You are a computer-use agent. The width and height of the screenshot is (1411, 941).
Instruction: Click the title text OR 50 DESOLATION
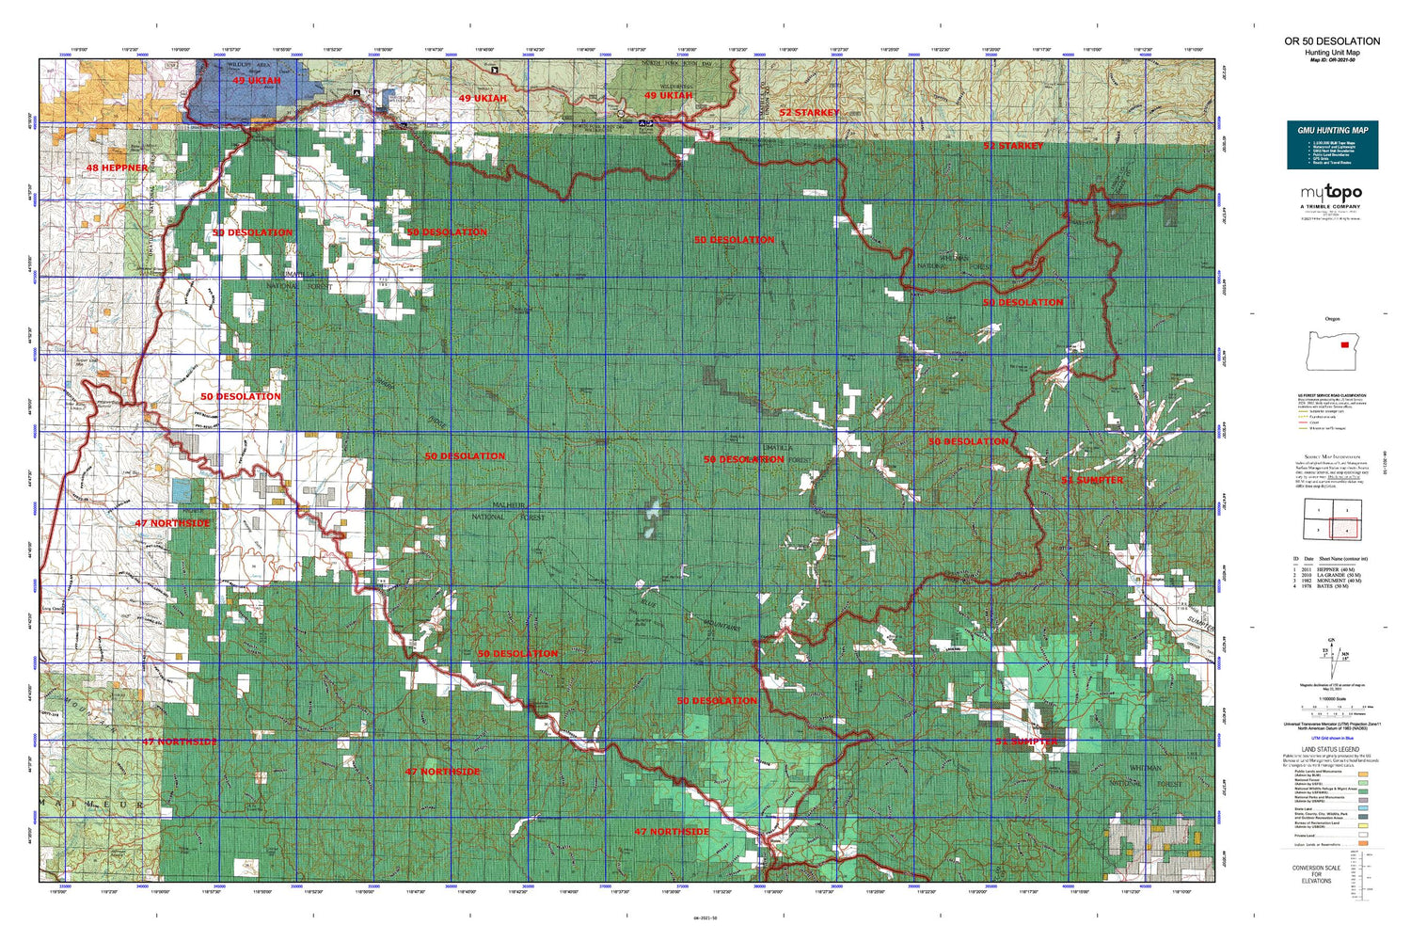pos(1332,41)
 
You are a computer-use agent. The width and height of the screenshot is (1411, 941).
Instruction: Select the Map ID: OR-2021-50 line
pos(1332,60)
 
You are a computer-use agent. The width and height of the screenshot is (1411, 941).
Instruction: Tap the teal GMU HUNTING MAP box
pos(1332,145)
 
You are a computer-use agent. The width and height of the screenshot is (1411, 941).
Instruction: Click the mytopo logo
pos(1332,193)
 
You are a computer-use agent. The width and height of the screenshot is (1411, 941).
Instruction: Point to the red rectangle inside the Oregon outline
pos(1344,344)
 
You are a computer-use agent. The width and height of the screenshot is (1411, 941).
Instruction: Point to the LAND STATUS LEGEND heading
pos(1330,750)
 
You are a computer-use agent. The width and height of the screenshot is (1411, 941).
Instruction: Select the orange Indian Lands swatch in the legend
pos(1363,844)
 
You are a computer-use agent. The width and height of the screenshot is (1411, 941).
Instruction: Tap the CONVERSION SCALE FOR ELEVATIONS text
pos(1316,874)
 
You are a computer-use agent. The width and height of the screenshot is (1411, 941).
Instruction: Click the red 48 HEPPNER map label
pos(117,167)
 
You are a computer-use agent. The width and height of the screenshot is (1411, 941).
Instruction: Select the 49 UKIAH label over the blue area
pos(256,81)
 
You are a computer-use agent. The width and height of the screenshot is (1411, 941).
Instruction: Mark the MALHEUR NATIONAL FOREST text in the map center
pos(507,511)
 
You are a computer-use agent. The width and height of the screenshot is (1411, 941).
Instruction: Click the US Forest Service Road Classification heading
pos(1331,396)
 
